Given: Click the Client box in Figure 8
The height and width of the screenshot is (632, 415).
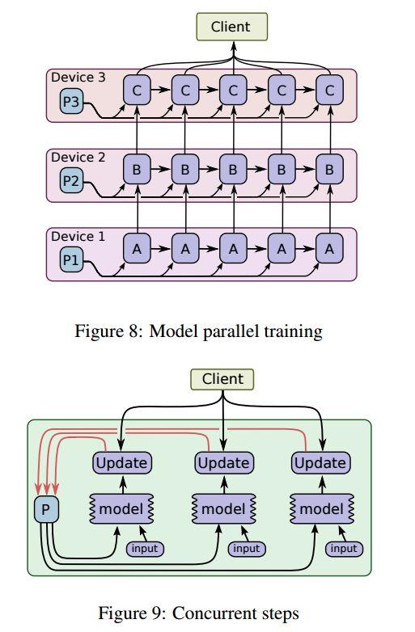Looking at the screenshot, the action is tap(231, 27).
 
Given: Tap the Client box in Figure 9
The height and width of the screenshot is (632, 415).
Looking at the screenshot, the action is tap(222, 379).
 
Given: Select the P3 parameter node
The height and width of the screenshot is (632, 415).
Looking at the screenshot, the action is tap(71, 102).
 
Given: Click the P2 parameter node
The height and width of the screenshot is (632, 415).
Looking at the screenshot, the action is tap(71, 181).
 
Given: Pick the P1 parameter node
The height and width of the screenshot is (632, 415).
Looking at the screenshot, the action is tap(71, 260).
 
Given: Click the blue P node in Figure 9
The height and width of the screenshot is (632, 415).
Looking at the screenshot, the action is tap(46, 509).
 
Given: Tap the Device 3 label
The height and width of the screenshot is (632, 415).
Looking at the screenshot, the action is tap(78, 77).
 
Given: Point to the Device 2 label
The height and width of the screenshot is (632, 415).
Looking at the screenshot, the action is tap(78, 157).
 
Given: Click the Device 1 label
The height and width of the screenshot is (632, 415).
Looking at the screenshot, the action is tap(78, 236).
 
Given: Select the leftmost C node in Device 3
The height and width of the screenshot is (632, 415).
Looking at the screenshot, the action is tap(138, 90).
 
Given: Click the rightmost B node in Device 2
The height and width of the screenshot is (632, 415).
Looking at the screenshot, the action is tap(329, 169).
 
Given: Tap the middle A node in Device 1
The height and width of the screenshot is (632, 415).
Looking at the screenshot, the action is tap(233, 249).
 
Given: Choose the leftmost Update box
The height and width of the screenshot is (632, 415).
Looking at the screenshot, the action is tap(122, 463).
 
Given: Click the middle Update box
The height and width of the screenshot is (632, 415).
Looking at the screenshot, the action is tap(224, 463).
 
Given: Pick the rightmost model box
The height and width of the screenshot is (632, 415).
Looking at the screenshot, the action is tap(322, 509).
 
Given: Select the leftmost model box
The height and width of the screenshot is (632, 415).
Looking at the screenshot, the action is tap(121, 509).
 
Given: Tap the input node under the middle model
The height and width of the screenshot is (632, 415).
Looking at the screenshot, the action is tap(247, 549).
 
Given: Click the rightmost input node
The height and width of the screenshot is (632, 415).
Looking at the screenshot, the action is tap(344, 549).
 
